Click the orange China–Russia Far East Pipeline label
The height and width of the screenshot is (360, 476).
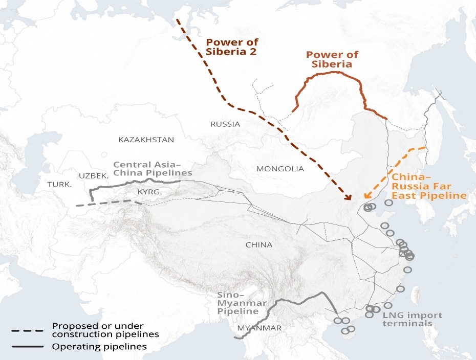[x=429, y=186]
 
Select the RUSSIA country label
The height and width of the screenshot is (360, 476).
[x=225, y=124]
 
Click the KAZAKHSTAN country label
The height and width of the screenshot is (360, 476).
[x=146, y=140]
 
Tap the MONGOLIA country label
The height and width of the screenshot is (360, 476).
[x=280, y=169]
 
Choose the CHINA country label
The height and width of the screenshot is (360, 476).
[x=259, y=245]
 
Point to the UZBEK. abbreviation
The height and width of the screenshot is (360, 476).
[x=95, y=175]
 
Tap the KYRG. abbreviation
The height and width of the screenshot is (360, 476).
[x=149, y=192]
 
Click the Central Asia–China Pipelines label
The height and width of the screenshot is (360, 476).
[x=153, y=169]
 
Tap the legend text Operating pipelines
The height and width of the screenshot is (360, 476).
[x=99, y=347]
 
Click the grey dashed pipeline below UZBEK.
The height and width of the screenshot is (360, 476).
[x=107, y=204]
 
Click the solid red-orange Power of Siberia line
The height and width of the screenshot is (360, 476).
[x=333, y=74]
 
